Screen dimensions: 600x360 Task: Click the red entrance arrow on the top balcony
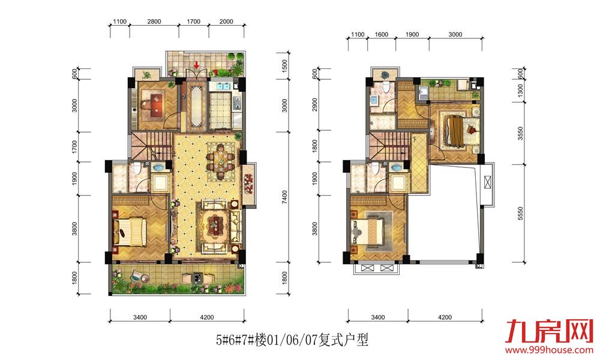pyautogui.click(x=196, y=65)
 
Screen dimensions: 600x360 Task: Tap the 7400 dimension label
pyautogui.click(x=284, y=197)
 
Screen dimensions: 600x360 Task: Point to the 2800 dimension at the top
pyautogui.click(x=154, y=22)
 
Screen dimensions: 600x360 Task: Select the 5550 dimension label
pyautogui.click(x=520, y=214)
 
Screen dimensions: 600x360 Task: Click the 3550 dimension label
pyautogui.click(x=520, y=134)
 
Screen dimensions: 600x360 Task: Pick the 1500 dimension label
pyautogui.click(x=284, y=66)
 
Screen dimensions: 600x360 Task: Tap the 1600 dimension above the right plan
pyautogui.click(x=382, y=34)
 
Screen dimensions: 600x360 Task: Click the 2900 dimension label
pyautogui.click(x=315, y=104)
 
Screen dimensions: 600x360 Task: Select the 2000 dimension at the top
pyautogui.click(x=226, y=22)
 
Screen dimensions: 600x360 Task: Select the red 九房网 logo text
pyautogui.click(x=548, y=331)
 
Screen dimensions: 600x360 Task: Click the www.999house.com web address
pyautogui.click(x=549, y=350)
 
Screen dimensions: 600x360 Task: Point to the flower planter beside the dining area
pyautogui.click(x=249, y=184)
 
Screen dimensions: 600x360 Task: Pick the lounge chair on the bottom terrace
pyautogui.click(x=137, y=276)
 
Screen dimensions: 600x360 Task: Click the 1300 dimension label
pyautogui.click(x=520, y=91)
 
